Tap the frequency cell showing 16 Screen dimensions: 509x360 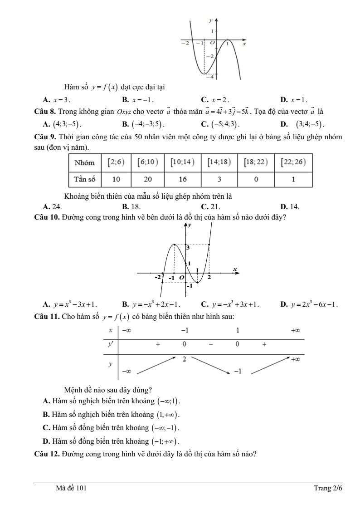pos(183,179)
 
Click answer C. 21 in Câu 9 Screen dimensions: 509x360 pos(210,207)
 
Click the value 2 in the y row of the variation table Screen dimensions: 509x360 pos(185,359)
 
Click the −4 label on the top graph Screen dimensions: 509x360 pos(209,78)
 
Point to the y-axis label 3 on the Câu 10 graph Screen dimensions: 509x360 pos(188,248)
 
